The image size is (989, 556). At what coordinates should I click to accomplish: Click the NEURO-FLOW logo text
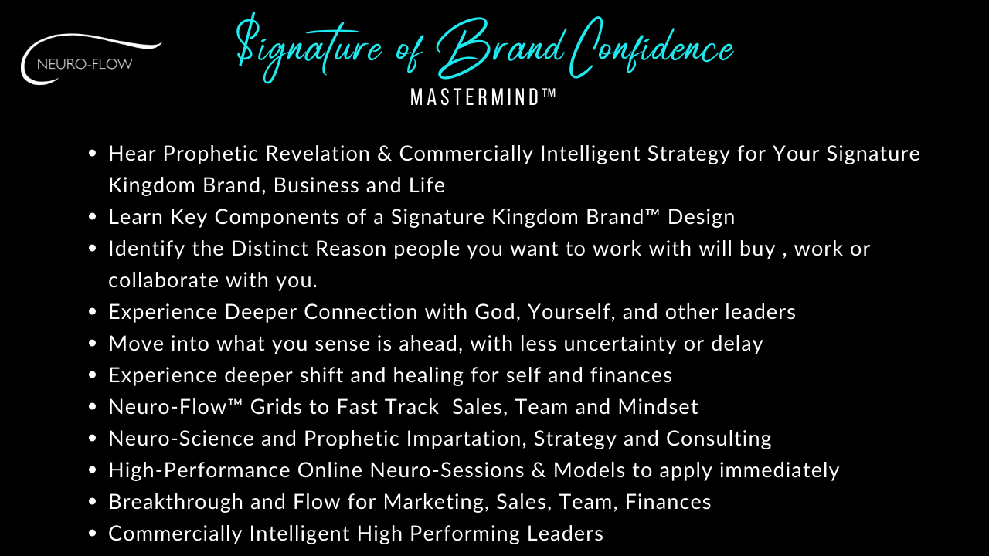[85, 64]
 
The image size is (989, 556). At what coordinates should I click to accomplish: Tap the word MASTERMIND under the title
[474, 97]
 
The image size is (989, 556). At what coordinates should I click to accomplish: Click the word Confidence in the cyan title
[651, 49]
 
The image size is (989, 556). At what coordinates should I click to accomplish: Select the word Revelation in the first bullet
[318, 154]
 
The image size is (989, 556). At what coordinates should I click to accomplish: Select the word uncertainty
[620, 344]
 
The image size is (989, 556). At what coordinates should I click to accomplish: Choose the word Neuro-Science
[181, 439]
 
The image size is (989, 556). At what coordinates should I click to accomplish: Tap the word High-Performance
[199, 470]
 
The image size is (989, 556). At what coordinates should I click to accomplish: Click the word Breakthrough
[175, 502]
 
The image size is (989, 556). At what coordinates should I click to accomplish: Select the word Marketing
[437, 502]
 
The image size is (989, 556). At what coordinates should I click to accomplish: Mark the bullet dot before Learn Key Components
[92, 217]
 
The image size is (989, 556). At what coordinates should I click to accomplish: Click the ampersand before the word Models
[539, 470]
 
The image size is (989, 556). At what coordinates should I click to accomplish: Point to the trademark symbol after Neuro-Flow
[236, 402]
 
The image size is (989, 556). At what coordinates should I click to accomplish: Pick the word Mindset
[658, 407]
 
